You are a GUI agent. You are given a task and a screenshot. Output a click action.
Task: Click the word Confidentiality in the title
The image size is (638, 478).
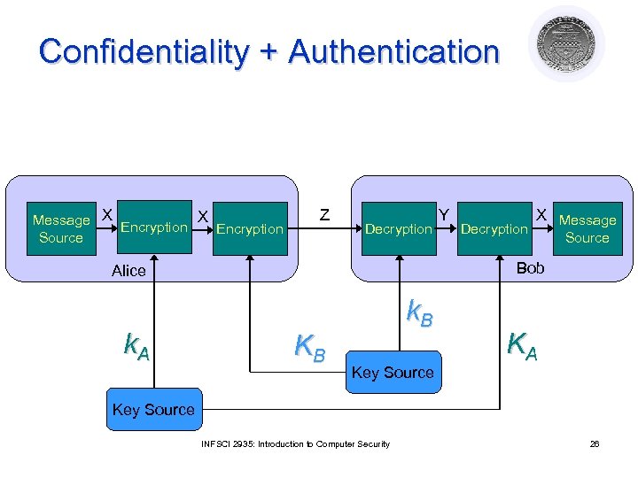pos(143,51)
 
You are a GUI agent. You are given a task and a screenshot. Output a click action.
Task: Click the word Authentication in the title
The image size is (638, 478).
pos(393,51)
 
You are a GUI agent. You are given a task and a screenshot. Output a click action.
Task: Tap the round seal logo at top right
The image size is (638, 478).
pos(566,44)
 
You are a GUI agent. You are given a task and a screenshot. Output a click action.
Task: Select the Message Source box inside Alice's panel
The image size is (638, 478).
pos(61,228)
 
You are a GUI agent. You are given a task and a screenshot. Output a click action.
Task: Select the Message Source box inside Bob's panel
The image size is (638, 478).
pos(587,228)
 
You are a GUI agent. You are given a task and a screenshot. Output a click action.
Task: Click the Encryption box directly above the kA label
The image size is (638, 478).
pos(153,227)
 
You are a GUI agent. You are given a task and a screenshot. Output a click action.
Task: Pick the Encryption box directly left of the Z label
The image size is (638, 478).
pos(250,228)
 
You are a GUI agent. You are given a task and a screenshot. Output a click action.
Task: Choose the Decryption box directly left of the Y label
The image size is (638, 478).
pos(398,228)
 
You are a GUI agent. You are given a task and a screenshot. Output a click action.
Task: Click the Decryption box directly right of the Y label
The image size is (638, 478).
pos(494,228)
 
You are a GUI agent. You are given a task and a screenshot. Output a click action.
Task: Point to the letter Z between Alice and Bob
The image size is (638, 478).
pos(324,215)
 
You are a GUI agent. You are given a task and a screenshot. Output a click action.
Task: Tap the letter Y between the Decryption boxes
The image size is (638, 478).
pos(445,213)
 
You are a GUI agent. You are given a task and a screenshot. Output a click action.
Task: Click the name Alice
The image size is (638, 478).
pos(128,271)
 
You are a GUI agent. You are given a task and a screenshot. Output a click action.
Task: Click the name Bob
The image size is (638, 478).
pos(530,267)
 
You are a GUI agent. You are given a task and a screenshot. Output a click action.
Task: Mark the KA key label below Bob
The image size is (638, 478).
pos(522,343)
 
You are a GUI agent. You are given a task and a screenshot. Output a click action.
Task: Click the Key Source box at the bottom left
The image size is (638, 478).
pos(153,410)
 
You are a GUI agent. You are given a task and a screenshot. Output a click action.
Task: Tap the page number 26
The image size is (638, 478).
pos(595,443)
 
